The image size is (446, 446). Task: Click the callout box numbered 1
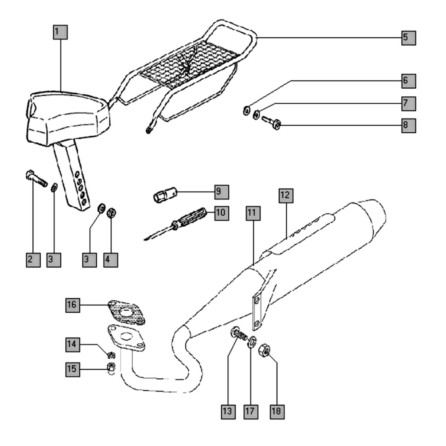[59, 32]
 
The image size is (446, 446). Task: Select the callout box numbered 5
[408, 37]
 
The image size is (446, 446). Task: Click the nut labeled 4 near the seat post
[110, 213]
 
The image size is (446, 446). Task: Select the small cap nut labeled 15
[110, 368]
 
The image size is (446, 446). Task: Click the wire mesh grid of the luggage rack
[190, 59]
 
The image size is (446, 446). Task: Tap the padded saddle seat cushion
[69, 115]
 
